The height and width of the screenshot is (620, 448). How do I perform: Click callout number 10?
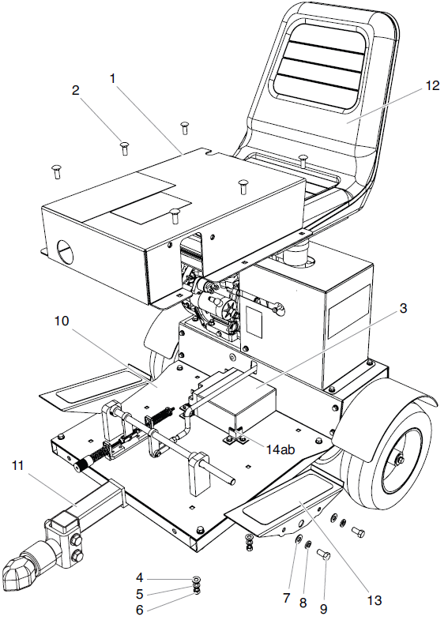pyautogui.click(x=62, y=321)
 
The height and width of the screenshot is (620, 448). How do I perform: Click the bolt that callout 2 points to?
pyautogui.click(x=124, y=146)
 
